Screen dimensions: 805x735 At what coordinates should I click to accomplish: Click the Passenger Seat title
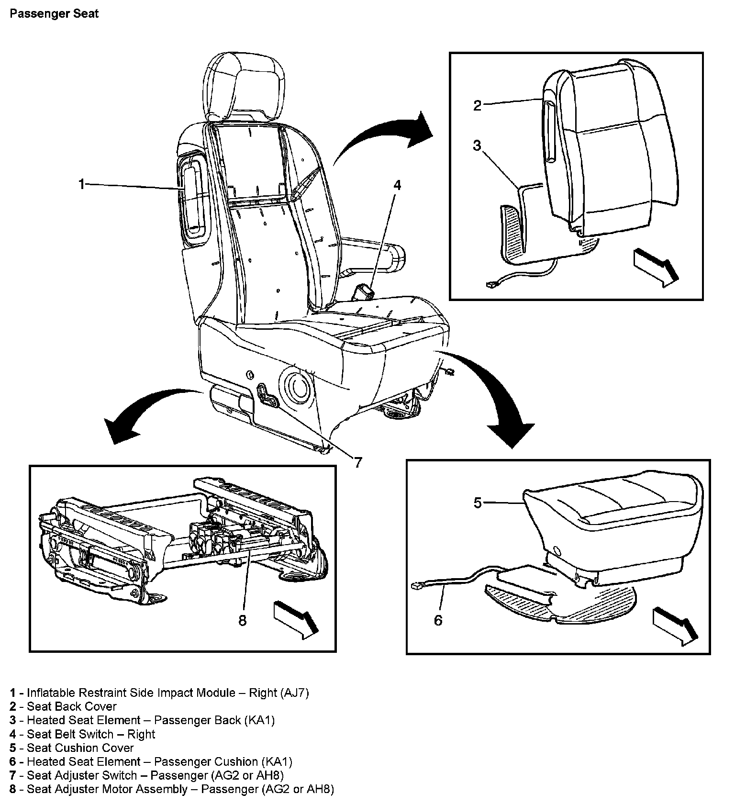pos(54,13)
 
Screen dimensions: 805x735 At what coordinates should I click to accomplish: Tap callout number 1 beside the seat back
pos(82,184)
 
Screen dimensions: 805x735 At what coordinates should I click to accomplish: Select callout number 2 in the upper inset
pos(477,105)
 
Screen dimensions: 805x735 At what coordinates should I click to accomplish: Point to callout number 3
pos(477,145)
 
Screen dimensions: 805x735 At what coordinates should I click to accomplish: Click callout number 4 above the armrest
pos(397,185)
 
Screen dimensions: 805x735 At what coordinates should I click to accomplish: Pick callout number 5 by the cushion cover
pos(478,503)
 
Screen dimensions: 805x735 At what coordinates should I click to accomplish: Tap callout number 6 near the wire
pos(438,620)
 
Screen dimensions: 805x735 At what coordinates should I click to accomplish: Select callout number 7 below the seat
pos(358,462)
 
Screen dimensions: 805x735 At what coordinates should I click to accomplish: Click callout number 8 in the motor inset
pos(242,620)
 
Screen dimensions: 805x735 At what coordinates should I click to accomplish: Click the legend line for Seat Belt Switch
pos(82,734)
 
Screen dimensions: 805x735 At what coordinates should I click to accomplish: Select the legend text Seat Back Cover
pos(72,706)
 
